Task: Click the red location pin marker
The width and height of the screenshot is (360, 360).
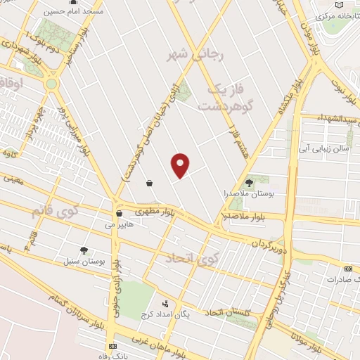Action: pos(181,165)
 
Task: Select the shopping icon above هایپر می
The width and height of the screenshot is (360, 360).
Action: pos(119,213)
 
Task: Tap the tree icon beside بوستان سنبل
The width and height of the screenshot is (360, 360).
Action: pos(84,250)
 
